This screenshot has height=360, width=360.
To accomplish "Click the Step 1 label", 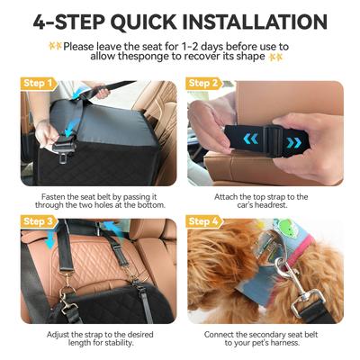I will click(x=38, y=83).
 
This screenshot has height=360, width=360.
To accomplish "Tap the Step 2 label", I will click(x=204, y=83).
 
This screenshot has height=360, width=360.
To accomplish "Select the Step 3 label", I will click(x=38, y=221).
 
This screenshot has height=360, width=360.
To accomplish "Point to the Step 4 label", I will click(x=204, y=221).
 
